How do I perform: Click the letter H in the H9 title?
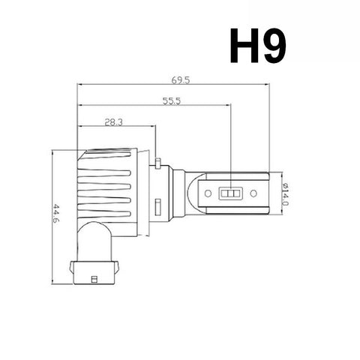(x=244, y=46)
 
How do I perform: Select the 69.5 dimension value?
(x=181, y=80)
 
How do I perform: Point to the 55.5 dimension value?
(x=172, y=101)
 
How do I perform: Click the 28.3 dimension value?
(x=113, y=122)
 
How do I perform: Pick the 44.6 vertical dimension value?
(x=55, y=214)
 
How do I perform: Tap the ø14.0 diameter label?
(x=285, y=194)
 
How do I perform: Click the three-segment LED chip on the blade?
(x=230, y=193)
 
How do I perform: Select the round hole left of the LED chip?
(x=208, y=193)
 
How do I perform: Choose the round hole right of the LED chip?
(x=253, y=193)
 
